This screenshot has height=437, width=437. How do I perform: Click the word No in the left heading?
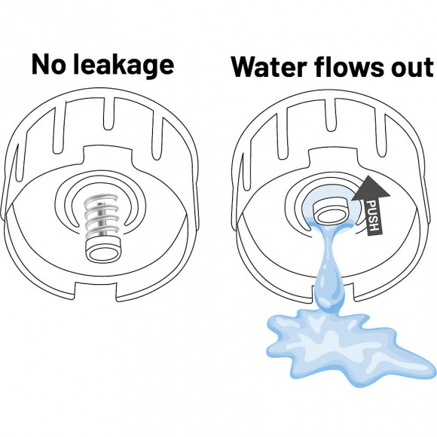pyautogui.click(x=49, y=64)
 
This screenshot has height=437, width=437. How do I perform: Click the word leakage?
pyautogui.click(x=124, y=66)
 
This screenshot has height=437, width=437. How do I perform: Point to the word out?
pyautogui.click(x=412, y=69)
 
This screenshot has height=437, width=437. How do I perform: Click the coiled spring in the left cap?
pyautogui.click(x=102, y=215)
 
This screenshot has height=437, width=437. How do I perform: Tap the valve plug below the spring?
pyautogui.click(x=104, y=249)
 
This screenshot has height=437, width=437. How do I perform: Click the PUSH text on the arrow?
pyautogui.click(x=374, y=215)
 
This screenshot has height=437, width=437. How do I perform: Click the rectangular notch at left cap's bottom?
pyautogui.click(x=96, y=292)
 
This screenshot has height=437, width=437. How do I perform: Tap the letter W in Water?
pyautogui.click(x=246, y=67)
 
